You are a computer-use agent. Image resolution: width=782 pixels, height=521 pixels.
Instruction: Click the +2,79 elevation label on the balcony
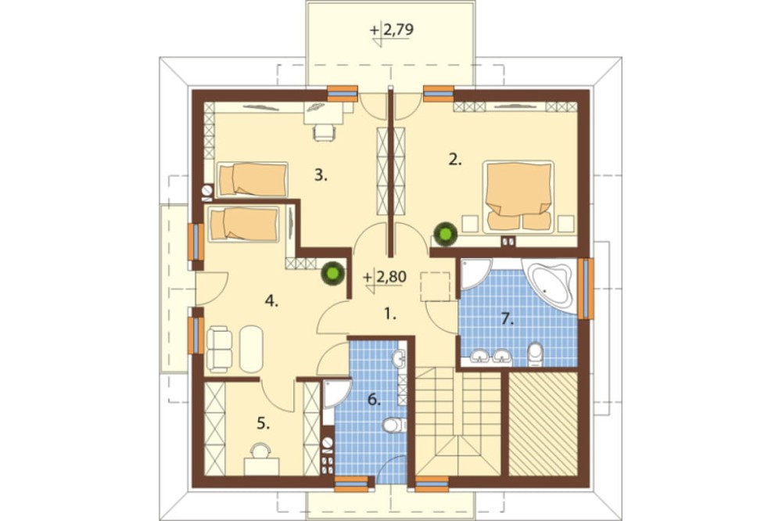click(392, 30)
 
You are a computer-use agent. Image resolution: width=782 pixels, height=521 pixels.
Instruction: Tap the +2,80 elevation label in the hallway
click(385, 277)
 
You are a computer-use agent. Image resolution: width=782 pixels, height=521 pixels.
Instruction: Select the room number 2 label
click(455, 160)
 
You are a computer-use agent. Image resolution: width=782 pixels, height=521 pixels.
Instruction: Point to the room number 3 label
click(321, 175)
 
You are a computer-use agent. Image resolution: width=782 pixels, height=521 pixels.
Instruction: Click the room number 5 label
click(264, 424)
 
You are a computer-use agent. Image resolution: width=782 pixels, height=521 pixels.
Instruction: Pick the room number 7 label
click(508, 319)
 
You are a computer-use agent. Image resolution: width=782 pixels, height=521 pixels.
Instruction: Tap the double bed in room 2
click(518, 196)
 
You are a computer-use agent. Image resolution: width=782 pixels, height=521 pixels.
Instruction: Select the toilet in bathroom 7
click(535, 354)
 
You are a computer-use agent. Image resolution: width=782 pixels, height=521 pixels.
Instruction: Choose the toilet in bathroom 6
click(394, 426)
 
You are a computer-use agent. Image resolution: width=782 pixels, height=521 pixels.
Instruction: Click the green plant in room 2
click(446, 234)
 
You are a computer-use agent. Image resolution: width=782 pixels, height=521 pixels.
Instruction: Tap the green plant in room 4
click(332, 273)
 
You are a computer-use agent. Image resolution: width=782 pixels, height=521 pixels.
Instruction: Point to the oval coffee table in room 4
click(251, 349)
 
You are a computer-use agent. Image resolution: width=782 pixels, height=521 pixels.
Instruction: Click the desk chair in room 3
click(324, 133)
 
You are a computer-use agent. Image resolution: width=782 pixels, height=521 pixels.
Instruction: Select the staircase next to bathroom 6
click(457, 421)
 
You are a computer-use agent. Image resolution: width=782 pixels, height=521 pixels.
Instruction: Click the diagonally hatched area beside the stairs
click(543, 423)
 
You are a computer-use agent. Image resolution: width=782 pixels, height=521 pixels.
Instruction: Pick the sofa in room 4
click(219, 349)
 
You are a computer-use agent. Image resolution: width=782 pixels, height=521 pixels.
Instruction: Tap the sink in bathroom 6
click(399, 358)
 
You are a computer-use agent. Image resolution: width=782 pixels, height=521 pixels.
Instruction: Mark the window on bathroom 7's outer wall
click(587, 289)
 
